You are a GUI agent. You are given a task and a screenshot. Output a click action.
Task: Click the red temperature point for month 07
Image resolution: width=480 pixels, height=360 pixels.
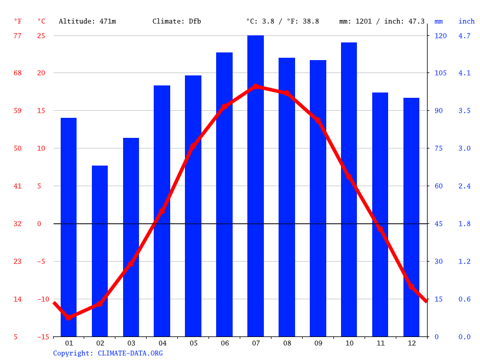point(256,87)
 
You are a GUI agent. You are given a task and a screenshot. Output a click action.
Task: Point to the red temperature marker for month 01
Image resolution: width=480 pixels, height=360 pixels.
point(69,317)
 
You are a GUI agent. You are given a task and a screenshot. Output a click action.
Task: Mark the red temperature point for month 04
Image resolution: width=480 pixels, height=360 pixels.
point(162,211)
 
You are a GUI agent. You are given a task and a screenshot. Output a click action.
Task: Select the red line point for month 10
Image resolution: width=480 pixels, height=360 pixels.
point(349,177)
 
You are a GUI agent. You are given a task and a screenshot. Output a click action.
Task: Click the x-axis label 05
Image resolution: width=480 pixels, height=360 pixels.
point(193,343)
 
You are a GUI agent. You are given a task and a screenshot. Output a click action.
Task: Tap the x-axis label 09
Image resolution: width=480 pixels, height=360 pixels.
point(317,343)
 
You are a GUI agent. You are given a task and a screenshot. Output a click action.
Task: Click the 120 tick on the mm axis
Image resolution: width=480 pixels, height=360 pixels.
point(441,36)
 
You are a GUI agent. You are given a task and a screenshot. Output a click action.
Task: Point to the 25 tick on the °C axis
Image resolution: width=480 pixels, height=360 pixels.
point(41,36)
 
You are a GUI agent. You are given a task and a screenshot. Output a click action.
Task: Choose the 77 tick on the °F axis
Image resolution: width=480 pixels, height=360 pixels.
point(18,36)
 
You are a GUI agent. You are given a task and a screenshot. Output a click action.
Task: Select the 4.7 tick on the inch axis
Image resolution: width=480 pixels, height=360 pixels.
point(465,36)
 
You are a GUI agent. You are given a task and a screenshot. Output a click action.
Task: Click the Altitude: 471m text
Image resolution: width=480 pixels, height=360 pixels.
point(87,21)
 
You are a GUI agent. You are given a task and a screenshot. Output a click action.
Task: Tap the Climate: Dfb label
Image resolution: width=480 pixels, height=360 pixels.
point(177,21)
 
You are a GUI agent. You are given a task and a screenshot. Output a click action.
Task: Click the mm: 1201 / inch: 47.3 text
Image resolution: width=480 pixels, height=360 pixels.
point(382,21)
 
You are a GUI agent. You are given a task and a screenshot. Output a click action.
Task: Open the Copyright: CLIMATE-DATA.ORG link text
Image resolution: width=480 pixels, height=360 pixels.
point(108,354)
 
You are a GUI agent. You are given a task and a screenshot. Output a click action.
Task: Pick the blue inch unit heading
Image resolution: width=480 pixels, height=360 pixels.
point(466,21)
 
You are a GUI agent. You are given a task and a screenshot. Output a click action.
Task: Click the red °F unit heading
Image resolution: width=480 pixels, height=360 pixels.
point(18,21)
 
